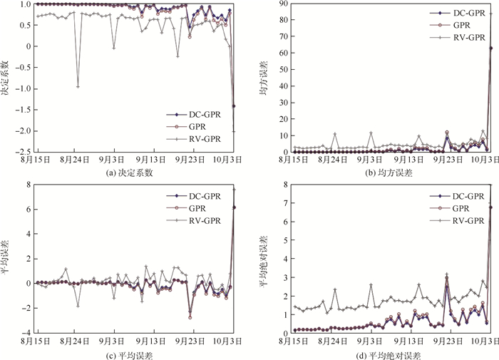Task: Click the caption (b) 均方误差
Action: click(387, 172)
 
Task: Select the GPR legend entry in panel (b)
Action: click(463, 24)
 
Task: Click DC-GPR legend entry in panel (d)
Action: click(464, 195)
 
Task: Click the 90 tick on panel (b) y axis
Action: click(282, 4)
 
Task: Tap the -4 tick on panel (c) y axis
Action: click(23, 333)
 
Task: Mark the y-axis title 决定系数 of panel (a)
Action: click(6, 78)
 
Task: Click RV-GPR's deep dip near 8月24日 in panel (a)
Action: click(78, 86)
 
